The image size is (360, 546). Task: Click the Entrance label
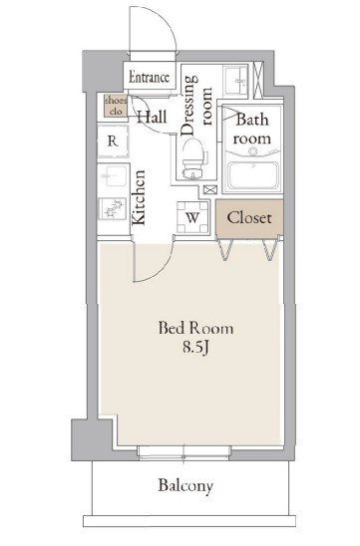(x=150, y=77)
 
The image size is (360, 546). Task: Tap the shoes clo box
(x=116, y=106)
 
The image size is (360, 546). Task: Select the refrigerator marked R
(x=113, y=141)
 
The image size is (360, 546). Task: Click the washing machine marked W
(x=192, y=217)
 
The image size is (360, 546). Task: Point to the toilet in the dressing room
(x=192, y=158)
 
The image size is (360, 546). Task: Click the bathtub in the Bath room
(x=253, y=176)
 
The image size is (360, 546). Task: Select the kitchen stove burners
(x=113, y=208)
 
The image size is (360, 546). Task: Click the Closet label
(x=249, y=218)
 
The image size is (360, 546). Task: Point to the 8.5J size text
(x=195, y=347)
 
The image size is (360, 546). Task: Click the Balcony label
(x=185, y=486)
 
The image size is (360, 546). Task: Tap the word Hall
(x=152, y=117)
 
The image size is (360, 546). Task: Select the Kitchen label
(x=139, y=197)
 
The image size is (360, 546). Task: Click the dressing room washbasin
(x=235, y=80)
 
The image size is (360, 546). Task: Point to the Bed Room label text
(x=195, y=328)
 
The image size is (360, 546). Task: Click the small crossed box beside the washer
(x=210, y=189)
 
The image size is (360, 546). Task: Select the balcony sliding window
(x=183, y=451)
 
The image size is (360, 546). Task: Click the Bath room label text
(x=252, y=129)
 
